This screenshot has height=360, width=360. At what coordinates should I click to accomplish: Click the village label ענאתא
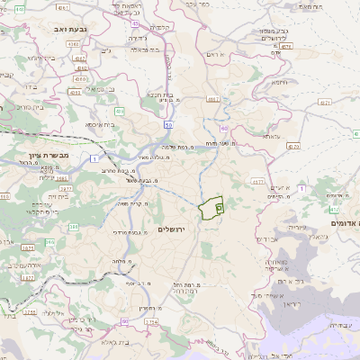pos(272,137)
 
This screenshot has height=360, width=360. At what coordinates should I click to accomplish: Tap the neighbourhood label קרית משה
pos(130,204)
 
